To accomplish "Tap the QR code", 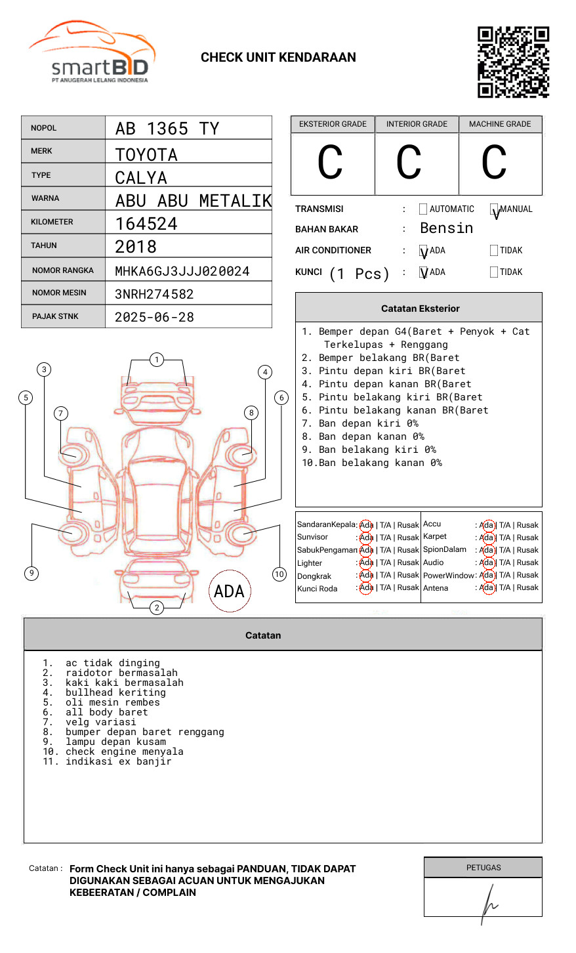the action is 513,62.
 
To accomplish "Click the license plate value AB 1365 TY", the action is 167,129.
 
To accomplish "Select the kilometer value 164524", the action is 146,224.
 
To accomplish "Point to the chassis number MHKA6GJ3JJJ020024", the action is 182,271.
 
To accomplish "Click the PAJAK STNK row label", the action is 55,316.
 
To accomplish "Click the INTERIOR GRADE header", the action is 417,124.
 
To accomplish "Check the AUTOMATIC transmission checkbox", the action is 423,209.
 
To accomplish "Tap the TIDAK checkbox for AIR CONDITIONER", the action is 494,250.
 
